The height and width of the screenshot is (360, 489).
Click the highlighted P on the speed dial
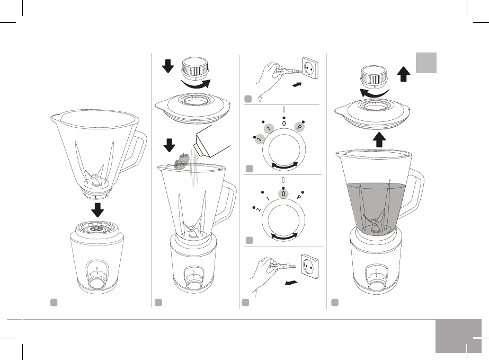(x=299, y=127)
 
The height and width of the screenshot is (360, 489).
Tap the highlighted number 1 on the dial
(x=269, y=129)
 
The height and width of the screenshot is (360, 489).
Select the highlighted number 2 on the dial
(x=259, y=139)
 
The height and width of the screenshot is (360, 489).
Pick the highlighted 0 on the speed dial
(x=283, y=194)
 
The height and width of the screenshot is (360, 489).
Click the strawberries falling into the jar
(x=182, y=161)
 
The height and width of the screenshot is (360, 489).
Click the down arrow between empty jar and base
(x=97, y=210)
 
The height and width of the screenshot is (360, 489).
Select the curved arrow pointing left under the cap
(x=374, y=93)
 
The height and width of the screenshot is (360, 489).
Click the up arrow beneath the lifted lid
(x=379, y=140)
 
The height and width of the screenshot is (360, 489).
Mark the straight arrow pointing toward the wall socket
(x=298, y=84)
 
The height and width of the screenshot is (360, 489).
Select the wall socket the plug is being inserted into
(x=310, y=67)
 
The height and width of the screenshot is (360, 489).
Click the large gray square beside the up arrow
(x=426, y=63)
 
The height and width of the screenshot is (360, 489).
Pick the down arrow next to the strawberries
(x=170, y=145)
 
